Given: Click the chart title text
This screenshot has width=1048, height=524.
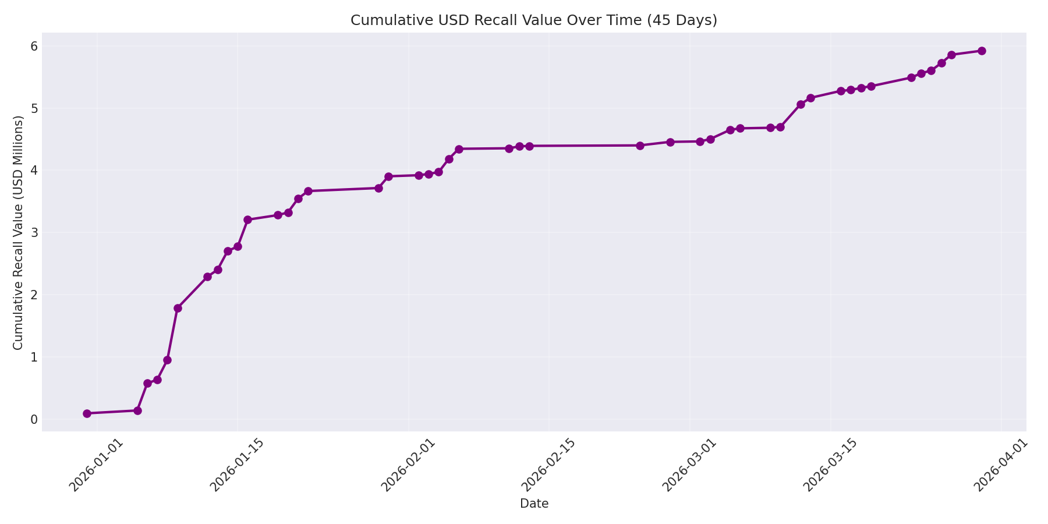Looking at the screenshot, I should (533, 20).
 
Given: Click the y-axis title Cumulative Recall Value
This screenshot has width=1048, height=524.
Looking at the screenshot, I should (19, 232).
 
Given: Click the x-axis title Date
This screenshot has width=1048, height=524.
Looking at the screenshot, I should (534, 504).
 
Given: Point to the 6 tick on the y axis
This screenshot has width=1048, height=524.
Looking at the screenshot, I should (34, 46).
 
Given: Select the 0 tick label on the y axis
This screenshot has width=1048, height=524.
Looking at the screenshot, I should (34, 419).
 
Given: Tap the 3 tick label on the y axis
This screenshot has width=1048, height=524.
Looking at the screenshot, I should (34, 232).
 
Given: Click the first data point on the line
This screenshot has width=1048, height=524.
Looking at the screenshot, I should (87, 413).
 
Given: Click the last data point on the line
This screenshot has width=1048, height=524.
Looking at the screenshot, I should (982, 51).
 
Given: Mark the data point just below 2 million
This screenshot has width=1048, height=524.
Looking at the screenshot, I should (178, 308).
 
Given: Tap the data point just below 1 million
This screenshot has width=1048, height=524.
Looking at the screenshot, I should (167, 360).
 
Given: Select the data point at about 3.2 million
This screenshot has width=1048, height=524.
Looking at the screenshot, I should (247, 219).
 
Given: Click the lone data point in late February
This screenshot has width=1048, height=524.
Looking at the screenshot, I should (640, 146).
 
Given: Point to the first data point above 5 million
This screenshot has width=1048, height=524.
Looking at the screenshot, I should (801, 104).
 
